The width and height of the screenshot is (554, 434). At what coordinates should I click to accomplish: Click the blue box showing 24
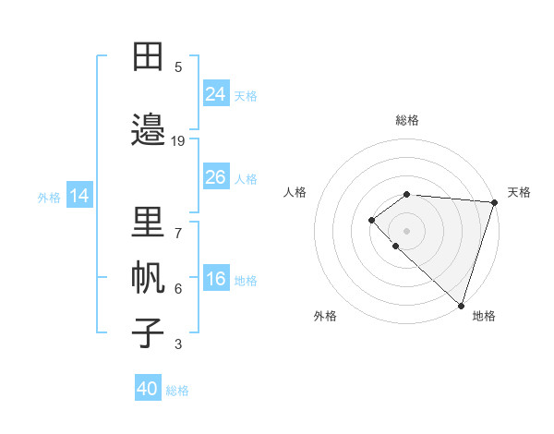click(216, 93)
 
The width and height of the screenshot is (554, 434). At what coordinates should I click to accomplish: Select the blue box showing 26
click(216, 177)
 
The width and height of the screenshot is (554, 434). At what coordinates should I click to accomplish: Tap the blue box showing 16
click(216, 279)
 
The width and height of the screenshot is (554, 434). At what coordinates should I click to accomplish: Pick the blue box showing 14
click(79, 196)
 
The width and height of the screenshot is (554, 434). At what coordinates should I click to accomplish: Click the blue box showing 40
click(148, 389)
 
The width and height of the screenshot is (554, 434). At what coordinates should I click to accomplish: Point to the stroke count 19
click(178, 141)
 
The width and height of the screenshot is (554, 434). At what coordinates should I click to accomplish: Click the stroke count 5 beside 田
click(178, 67)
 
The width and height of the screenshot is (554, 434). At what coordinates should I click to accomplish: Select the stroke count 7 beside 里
click(178, 234)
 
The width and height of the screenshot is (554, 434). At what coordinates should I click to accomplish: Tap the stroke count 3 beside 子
click(178, 344)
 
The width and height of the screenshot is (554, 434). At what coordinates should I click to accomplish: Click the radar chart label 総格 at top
click(407, 120)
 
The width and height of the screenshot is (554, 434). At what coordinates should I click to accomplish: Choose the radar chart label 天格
click(519, 192)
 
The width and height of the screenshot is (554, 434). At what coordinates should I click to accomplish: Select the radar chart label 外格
click(325, 316)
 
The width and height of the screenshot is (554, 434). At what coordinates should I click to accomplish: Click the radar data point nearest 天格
click(495, 202)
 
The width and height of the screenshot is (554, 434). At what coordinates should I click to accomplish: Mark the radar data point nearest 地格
click(461, 305)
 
